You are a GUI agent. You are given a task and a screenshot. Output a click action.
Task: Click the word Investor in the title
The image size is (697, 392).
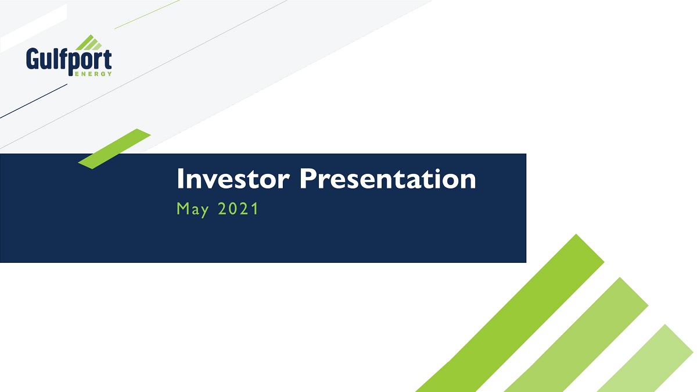(233, 179)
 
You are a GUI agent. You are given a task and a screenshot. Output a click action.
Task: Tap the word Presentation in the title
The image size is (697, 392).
(388, 179)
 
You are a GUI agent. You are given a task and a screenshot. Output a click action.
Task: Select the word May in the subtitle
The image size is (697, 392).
(193, 209)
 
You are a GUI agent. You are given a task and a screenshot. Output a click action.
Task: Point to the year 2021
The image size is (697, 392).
(238, 208)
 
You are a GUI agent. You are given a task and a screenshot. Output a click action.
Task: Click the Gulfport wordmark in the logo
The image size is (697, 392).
(69, 60)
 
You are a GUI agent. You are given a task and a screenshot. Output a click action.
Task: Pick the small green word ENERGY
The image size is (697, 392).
(94, 74)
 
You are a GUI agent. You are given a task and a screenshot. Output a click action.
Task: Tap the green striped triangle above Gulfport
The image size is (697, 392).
(89, 42)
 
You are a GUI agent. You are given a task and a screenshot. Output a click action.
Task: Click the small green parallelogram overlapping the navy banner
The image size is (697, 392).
(114, 149)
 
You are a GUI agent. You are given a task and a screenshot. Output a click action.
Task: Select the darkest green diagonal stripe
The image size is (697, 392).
(511, 313)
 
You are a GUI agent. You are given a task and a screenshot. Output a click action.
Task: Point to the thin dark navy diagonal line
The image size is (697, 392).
(34, 101)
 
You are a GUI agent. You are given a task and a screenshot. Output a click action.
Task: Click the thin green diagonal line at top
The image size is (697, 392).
(147, 15)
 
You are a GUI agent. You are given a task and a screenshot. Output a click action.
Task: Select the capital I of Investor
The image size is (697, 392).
(179, 179)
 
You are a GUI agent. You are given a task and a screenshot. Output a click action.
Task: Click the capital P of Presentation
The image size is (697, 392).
(307, 179)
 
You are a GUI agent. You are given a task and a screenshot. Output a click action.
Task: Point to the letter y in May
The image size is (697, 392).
(204, 212)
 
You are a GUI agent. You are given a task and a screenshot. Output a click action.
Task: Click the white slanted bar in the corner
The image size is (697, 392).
(34, 28)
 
